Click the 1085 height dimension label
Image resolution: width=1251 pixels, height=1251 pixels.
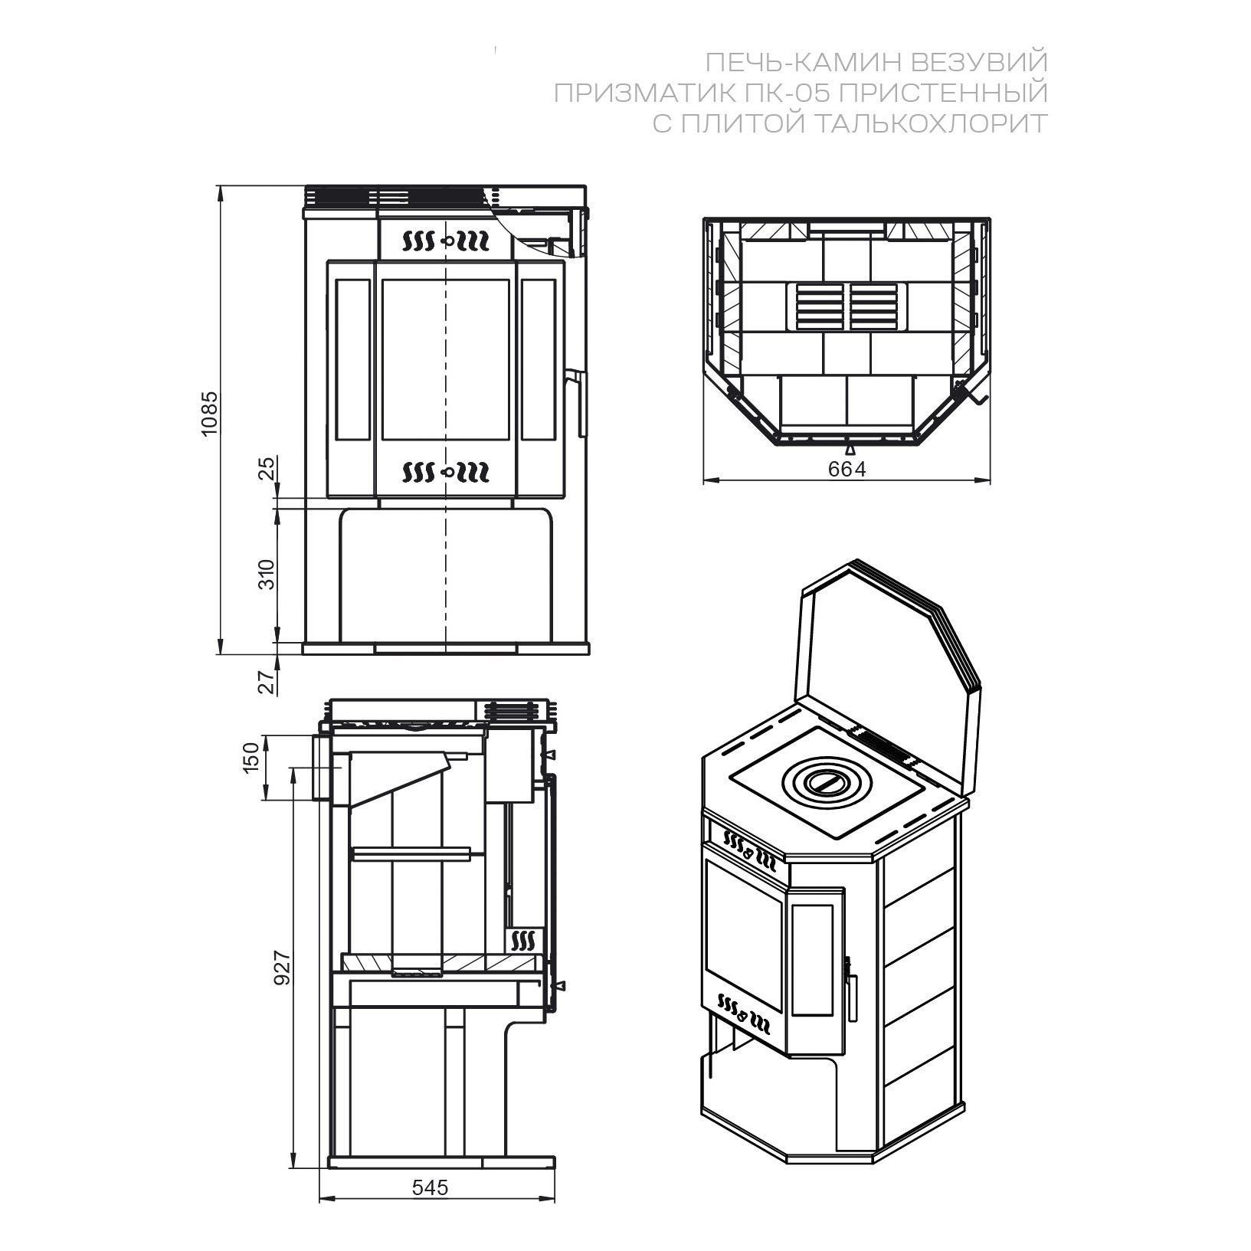pos(209,414)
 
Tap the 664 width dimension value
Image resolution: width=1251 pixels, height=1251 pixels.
pos(847,470)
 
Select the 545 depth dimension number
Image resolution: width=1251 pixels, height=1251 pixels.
pos(430,1208)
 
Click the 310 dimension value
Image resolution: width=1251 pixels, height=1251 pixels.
pos(266,575)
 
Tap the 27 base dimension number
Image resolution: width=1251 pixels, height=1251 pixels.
pos(266,682)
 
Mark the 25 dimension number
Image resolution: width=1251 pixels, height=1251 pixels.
pos(266,468)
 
